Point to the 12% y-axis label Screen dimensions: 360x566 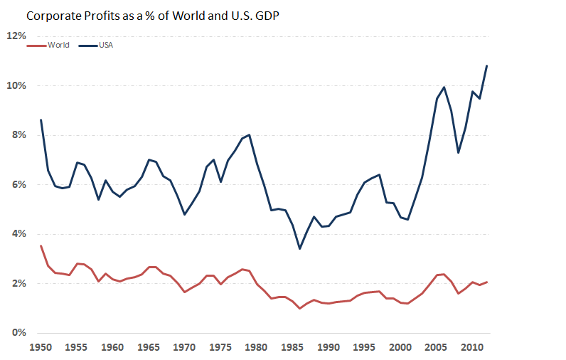coord(16,36)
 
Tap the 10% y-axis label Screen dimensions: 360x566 coord(16,85)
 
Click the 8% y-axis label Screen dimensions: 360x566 coord(18,135)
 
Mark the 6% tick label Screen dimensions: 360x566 coord(18,184)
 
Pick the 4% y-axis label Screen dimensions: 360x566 coord(18,234)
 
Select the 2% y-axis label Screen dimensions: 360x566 coord(18,283)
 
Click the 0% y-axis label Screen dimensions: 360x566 coord(18,333)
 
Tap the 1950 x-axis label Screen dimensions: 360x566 coord(41,348)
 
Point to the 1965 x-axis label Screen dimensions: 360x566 coord(149,348)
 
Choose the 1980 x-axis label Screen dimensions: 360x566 coord(256,348)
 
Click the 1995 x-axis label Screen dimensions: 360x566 coord(364,348)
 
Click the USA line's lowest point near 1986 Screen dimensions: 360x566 coord(299,248)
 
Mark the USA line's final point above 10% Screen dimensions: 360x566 coord(486,66)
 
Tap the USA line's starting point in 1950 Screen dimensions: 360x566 coord(41,120)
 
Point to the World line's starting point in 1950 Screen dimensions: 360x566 coord(41,246)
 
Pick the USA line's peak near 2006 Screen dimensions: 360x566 coord(444,88)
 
